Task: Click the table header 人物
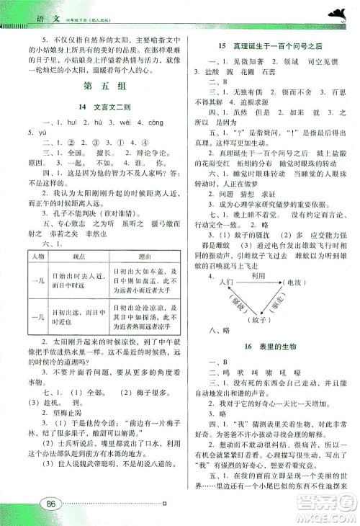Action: [x=35, y=237]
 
